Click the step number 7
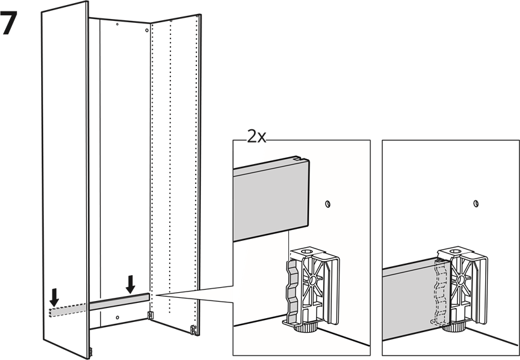[9, 23]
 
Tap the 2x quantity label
[257, 136]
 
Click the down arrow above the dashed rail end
[54, 298]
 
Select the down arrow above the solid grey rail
[130, 285]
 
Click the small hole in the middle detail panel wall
[327, 203]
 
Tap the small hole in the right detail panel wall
[476, 203]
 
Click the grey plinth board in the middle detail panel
[271, 199]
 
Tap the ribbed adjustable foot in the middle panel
[306, 328]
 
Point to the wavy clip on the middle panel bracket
[293, 292]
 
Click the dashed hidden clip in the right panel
[441, 292]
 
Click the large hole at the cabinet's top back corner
[146, 30]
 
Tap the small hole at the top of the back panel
[117, 24]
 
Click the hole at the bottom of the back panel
[117, 318]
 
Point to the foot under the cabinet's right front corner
[193, 330]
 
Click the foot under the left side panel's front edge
[90, 352]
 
